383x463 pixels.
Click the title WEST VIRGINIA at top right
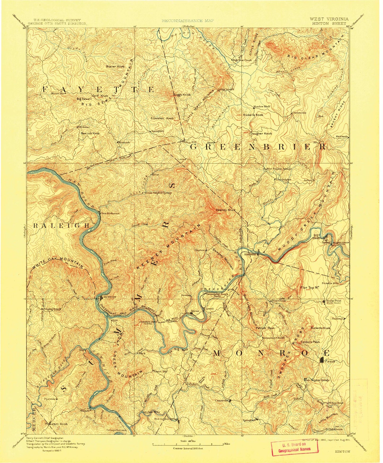coord(329,19)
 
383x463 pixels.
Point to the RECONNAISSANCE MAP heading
coord(188,20)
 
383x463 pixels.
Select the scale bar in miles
coord(188,444)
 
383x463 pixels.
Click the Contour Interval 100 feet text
coord(188,448)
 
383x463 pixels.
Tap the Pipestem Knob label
coord(58,424)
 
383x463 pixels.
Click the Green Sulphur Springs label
coord(158,193)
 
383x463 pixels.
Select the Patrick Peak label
coord(265,328)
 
